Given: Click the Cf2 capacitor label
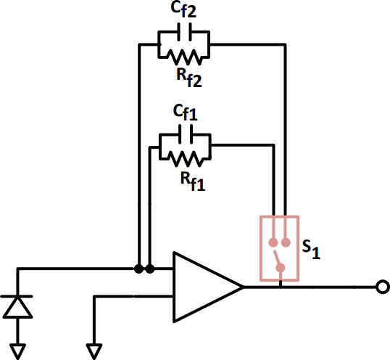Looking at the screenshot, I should point(184,11).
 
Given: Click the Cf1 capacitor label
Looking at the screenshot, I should point(184,114).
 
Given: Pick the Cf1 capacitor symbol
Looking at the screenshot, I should point(184,135).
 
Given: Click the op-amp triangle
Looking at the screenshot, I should point(203,287).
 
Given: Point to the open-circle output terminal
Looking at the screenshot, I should point(381,287).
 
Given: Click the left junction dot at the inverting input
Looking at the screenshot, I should point(138,269).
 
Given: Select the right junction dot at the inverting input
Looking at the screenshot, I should point(150,269).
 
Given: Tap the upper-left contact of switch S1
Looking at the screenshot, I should point(273,242).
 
